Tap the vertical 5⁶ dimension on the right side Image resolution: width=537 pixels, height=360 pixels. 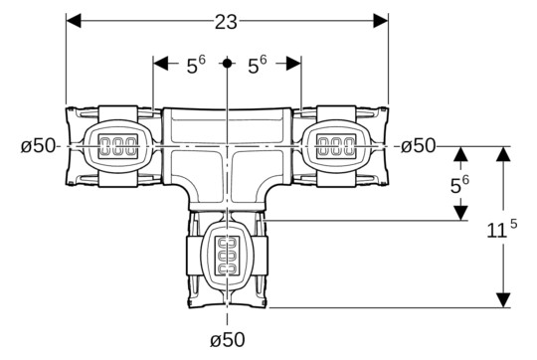pos(459,184)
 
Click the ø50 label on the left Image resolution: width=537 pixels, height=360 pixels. pos(39,146)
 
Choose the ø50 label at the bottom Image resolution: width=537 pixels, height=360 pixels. pos(227,339)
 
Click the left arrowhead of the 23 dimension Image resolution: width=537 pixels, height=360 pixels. pos(73,20)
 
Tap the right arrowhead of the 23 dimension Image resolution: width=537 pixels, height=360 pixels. pos(382,20)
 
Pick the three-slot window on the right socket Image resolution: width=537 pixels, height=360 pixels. pos(336,146)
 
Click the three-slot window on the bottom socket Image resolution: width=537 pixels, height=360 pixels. pos(228,254)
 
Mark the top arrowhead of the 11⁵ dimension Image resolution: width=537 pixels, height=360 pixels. pos(503,154)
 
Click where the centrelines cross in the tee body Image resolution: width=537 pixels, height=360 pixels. pos(228,146)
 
